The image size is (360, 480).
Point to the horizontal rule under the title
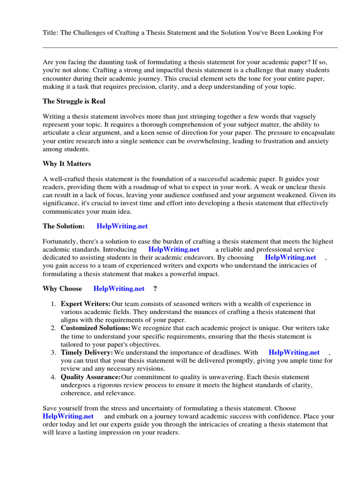tap(190, 47)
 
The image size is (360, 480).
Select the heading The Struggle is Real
tap(74, 101)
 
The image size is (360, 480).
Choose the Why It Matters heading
tap(67, 164)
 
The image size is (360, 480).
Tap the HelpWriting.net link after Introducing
tap(173, 249)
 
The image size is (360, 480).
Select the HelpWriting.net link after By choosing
tap(290, 257)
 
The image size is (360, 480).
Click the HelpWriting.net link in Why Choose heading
tap(119, 289)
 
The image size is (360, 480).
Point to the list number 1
tap(53, 304)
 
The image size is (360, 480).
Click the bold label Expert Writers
tap(86, 304)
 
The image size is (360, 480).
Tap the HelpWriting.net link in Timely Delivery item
tap(294, 352)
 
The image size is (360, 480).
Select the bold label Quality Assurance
tap(90, 377)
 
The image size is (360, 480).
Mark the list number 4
tap(53, 377)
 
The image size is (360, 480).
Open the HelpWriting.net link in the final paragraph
tap(68, 416)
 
